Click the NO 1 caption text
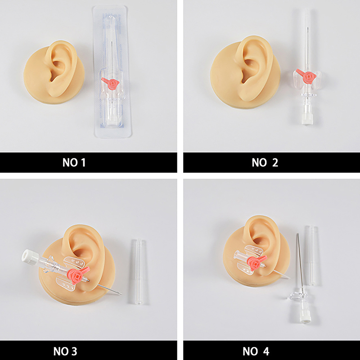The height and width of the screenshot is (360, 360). (74, 162)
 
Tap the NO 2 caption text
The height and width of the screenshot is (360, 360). (265, 162)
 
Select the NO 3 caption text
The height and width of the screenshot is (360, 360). (65, 351)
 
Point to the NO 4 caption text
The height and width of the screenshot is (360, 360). (256, 351)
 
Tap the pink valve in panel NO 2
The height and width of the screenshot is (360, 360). (306, 76)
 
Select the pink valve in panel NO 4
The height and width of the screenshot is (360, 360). (256, 262)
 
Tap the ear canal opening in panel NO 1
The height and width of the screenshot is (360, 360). (54, 76)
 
